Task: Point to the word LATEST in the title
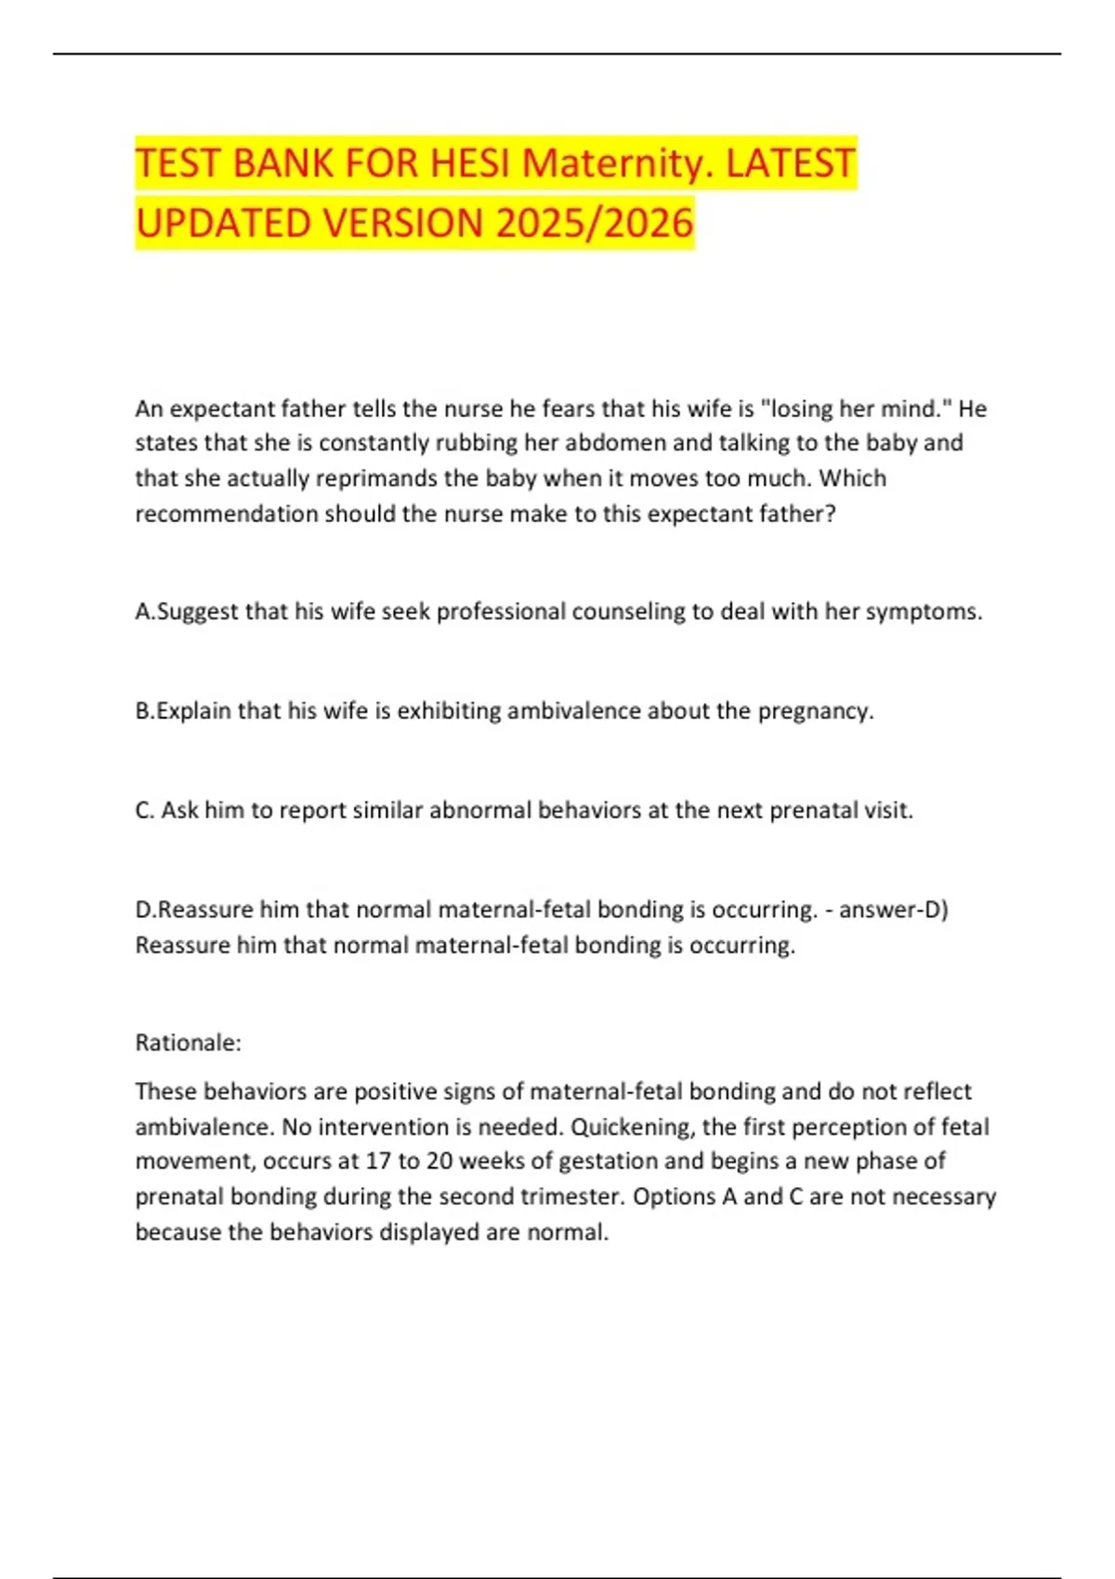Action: [x=790, y=163]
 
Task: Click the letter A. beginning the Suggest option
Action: [x=145, y=611]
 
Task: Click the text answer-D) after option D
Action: [x=894, y=909]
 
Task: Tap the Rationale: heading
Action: [x=189, y=1043]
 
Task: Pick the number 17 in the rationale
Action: [x=377, y=1161]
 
